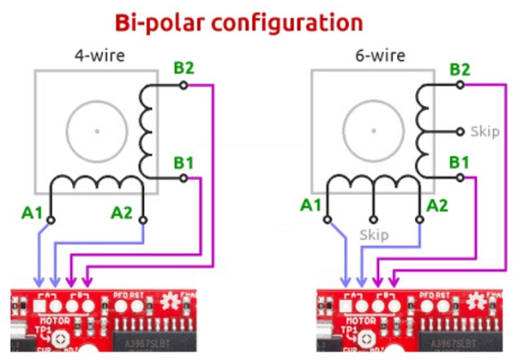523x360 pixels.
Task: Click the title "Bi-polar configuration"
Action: tap(238, 22)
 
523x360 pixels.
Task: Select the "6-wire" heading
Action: tap(380, 55)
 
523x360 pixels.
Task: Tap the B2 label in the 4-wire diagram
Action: tap(184, 69)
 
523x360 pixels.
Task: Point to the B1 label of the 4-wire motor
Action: tap(184, 162)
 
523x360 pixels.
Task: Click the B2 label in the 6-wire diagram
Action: tap(460, 69)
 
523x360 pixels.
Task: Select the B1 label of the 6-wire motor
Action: tap(460, 162)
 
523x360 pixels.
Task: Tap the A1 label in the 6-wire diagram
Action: tap(312, 205)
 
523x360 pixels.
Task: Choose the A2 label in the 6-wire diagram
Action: tap(437, 205)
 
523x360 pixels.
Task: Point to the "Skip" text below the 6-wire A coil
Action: tap(374, 235)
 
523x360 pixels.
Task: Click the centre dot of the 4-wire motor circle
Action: tap(97, 131)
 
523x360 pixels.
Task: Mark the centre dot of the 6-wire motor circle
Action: tap(373, 131)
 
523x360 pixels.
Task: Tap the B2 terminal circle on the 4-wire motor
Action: tap(184, 85)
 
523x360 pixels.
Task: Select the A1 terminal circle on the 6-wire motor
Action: tap(328, 220)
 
